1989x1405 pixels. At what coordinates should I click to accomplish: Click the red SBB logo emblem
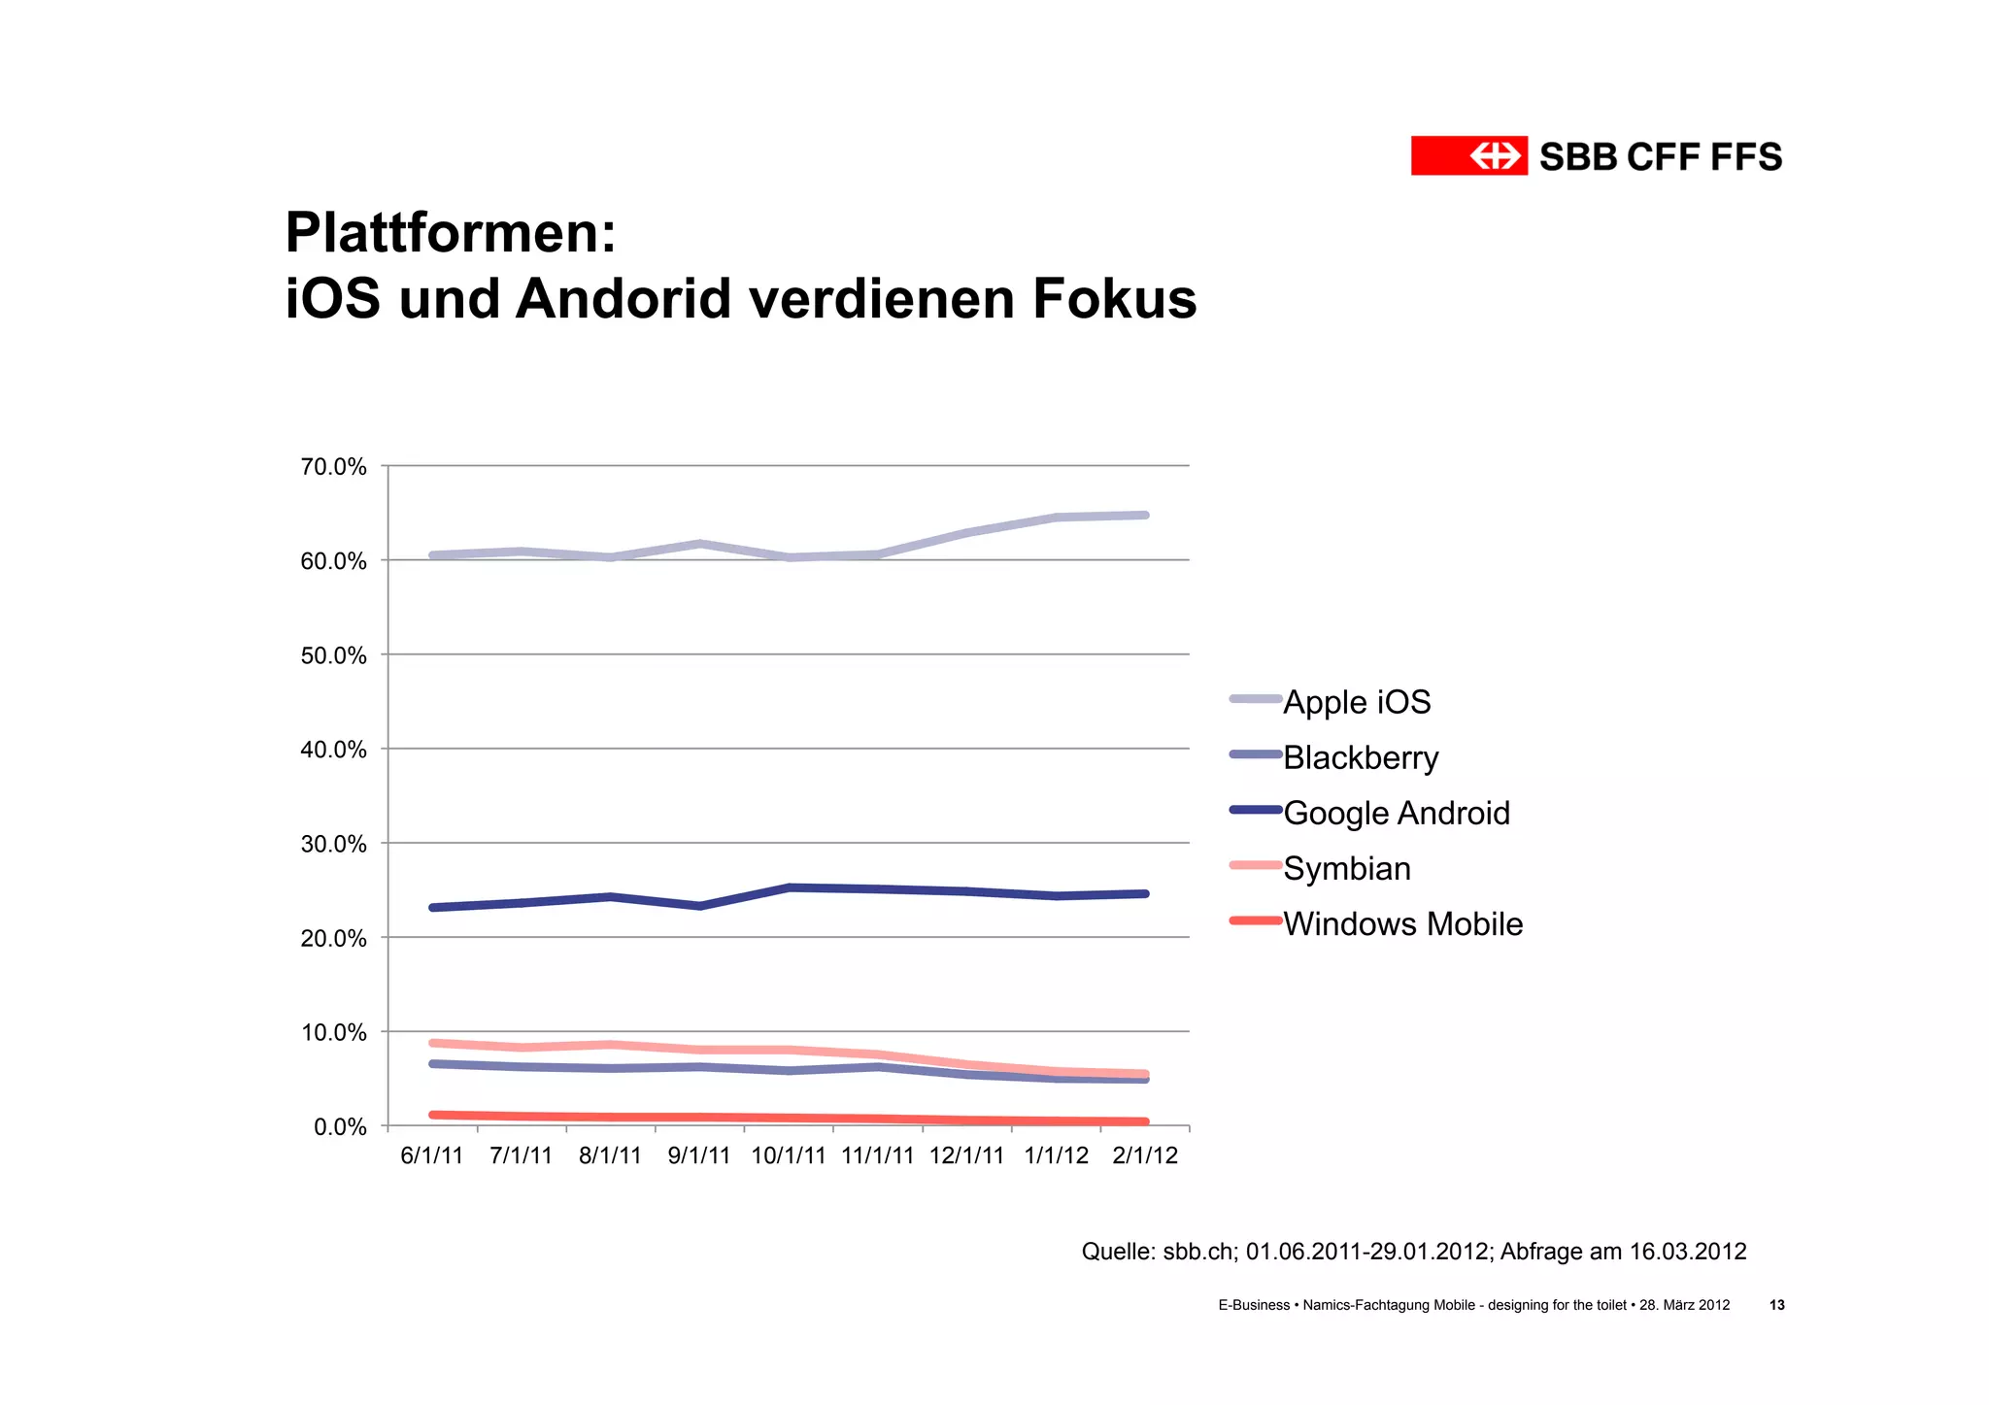tap(1468, 155)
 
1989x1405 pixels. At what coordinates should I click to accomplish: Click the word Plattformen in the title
tap(450, 233)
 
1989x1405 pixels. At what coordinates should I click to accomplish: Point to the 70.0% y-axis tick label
tap(333, 467)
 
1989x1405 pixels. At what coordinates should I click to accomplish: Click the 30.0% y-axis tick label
tap(333, 844)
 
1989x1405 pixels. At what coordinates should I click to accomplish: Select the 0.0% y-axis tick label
tap(339, 1126)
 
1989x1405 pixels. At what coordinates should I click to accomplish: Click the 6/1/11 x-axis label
tap(431, 1155)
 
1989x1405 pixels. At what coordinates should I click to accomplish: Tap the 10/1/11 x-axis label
tap(788, 1155)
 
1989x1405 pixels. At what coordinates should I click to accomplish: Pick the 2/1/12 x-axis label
tap(1144, 1155)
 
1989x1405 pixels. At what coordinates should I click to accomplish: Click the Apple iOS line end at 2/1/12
tap(1145, 516)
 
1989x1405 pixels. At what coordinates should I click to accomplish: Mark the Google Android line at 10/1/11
tap(789, 887)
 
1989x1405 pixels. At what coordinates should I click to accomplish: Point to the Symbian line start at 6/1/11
tap(433, 1043)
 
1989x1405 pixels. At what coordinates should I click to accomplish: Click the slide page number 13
tap(1776, 1305)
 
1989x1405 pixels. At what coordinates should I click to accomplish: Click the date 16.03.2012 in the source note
tap(1687, 1252)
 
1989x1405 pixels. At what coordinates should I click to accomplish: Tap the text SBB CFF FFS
tap(1660, 156)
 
